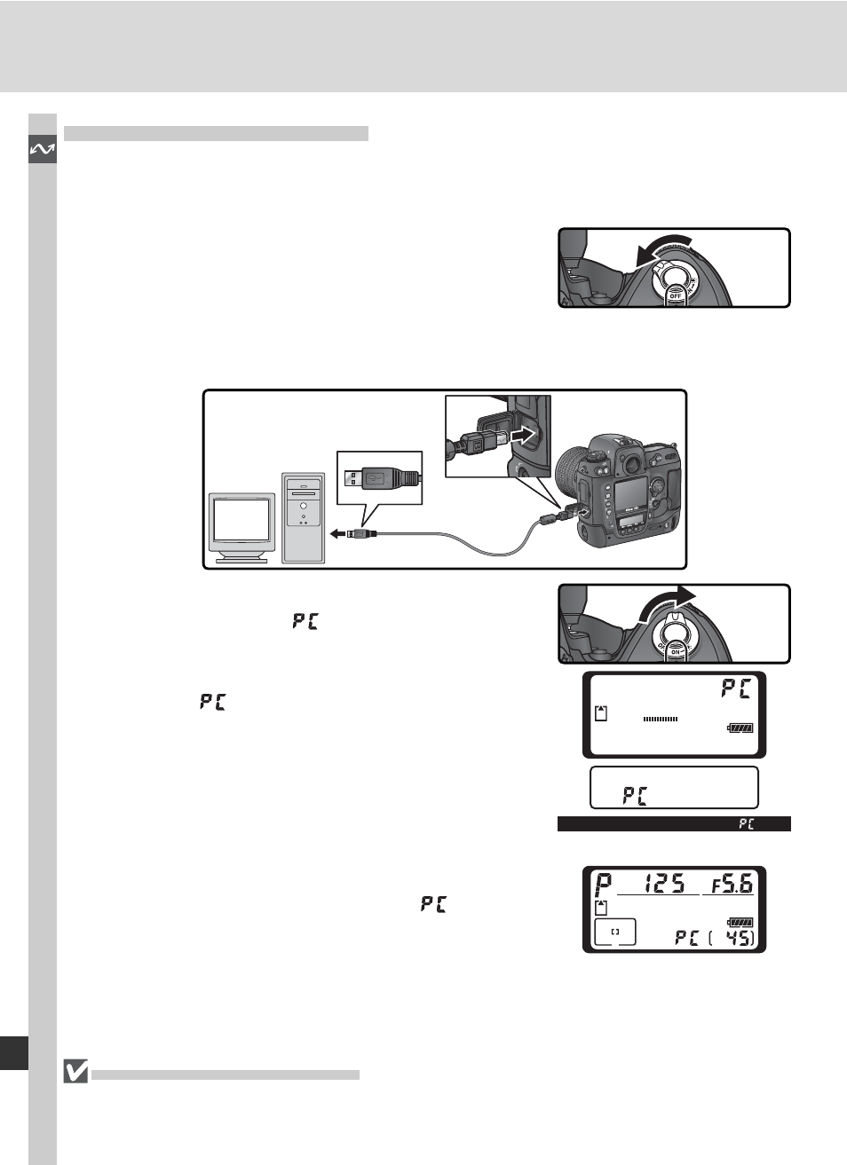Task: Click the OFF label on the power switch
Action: [675, 296]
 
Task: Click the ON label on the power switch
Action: [675, 652]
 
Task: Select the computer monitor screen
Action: [241, 520]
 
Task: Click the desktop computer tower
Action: [304, 517]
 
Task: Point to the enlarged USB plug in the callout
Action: [380, 478]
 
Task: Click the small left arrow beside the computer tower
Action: [337, 533]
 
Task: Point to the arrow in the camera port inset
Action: [525, 435]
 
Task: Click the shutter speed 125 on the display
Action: [664, 883]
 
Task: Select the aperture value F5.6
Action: [732, 883]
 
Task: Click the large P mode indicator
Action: [604, 885]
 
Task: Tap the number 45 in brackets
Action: [739, 936]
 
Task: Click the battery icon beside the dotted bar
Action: [740, 728]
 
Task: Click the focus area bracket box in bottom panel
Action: [614, 932]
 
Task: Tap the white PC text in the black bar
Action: [746, 824]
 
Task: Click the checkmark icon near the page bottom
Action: [76, 1072]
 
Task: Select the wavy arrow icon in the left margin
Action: [42, 150]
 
